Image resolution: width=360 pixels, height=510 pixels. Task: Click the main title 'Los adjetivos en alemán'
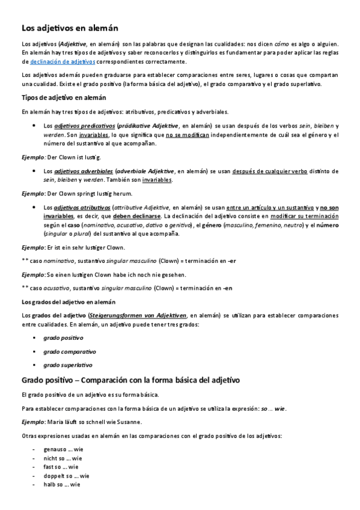click(70, 28)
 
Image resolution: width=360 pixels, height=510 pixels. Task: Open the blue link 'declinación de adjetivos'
click(63, 61)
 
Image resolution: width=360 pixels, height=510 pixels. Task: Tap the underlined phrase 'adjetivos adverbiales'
click(84, 171)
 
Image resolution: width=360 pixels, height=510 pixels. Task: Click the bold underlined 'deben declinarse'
click(136, 216)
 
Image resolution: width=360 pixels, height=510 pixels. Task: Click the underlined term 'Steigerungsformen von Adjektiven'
click(137, 315)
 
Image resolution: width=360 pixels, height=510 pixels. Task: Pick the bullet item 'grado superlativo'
click(68, 365)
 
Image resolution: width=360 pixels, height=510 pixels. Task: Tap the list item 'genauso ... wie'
click(63, 449)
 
